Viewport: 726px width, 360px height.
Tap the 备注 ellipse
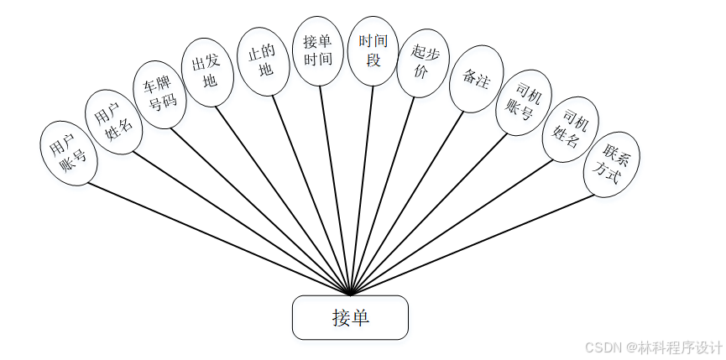477,79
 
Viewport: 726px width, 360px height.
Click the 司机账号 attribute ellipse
523,102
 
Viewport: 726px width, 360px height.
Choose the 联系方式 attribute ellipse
612,164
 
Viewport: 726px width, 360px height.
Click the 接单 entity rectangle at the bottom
350,317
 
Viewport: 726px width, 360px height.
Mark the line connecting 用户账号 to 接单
210,235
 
